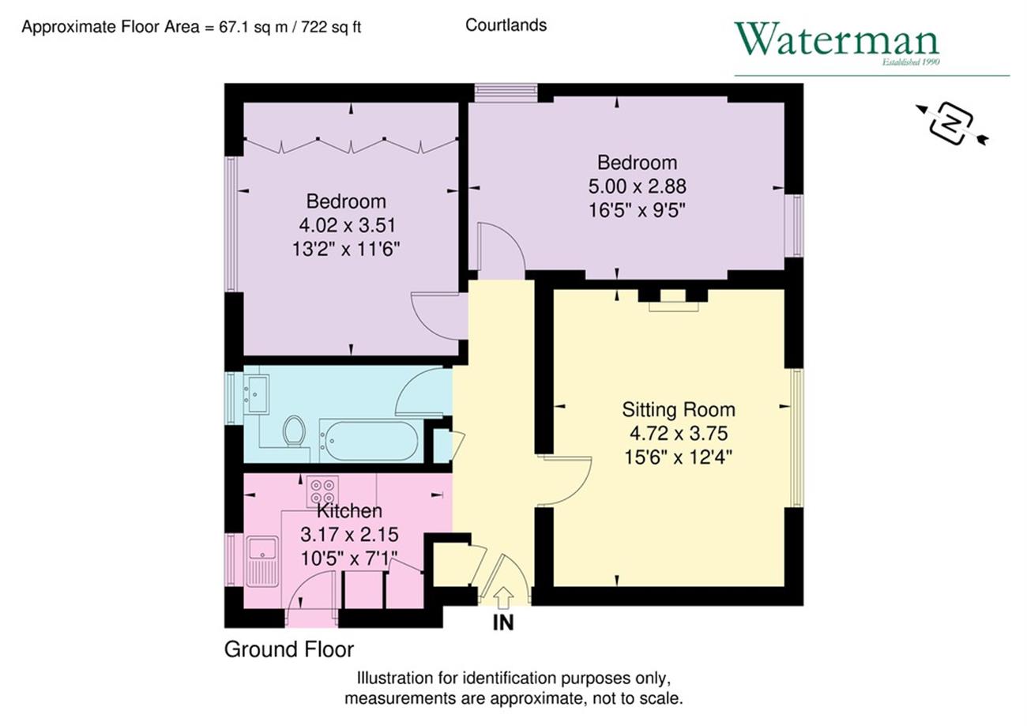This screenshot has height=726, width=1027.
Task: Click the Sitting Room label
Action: pos(679,409)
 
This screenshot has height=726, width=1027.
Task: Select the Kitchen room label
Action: pos(349,510)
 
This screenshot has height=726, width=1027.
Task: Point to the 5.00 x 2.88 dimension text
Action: pos(638,186)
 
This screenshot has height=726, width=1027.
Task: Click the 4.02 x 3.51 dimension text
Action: pos(347,225)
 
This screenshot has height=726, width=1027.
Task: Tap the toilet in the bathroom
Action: pos(293,431)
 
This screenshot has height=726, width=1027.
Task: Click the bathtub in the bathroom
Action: pos(369,441)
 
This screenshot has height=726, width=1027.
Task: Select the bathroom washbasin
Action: pos(256,394)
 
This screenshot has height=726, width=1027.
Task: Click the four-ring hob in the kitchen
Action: pos(322,491)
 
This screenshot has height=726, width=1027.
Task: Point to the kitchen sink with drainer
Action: pos(262,562)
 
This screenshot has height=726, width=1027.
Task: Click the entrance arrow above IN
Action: pos(503,598)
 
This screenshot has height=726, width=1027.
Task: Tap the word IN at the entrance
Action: pos(503,623)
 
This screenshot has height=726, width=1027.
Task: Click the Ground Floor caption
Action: pos(289,649)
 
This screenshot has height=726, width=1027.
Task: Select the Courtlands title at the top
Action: pos(506,25)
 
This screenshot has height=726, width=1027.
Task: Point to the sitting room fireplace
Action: pos(673,300)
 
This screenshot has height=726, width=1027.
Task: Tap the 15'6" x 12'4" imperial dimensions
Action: pos(679,457)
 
